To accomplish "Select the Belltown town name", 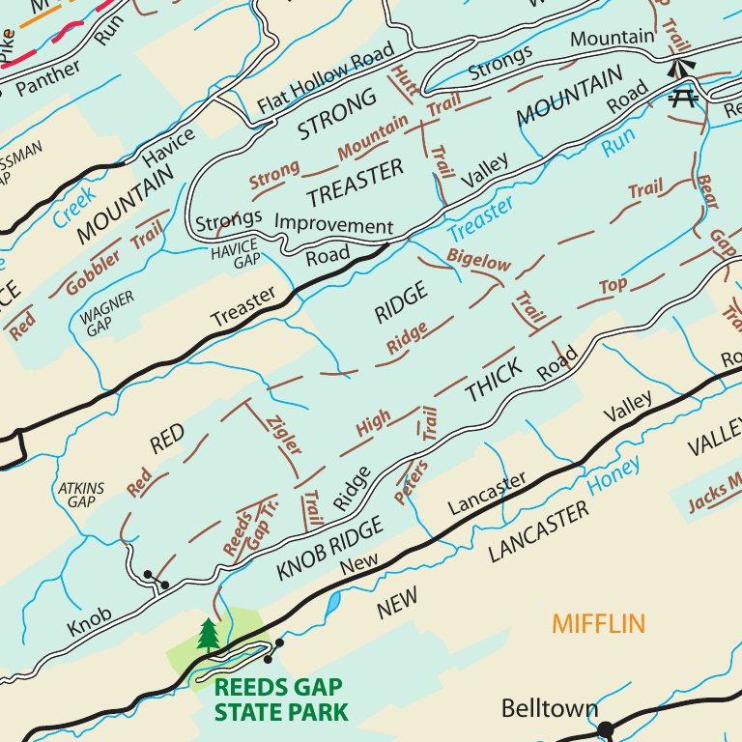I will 549,709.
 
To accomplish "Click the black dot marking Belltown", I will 606,728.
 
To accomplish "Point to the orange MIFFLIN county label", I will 598,623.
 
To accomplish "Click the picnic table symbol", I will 684,96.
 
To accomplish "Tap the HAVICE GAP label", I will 235,253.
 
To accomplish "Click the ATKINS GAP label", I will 80,495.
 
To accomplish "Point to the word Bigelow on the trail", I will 478,262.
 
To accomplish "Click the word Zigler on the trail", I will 286,434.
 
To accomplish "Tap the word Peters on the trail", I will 411,481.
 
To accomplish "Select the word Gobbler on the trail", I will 94,273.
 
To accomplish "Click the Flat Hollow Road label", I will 326,76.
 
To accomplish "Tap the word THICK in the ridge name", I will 494,380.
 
